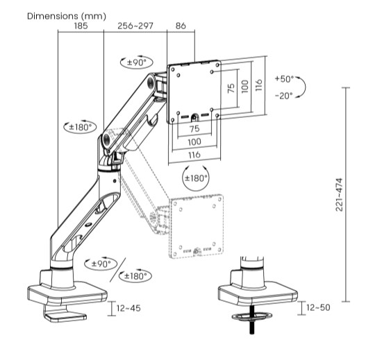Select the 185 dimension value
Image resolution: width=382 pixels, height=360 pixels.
(x=81, y=26)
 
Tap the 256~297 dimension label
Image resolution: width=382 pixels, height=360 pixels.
(x=136, y=26)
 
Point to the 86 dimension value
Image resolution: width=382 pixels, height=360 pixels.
(x=181, y=26)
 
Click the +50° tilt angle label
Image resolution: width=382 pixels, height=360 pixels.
(x=285, y=79)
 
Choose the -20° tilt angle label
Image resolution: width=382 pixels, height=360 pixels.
(x=285, y=95)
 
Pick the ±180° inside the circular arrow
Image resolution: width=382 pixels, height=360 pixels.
(x=195, y=178)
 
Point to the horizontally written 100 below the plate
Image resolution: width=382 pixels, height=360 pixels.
(x=194, y=141)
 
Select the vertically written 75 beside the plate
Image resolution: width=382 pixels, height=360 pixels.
(x=230, y=89)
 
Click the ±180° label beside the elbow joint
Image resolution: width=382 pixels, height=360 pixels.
(x=79, y=127)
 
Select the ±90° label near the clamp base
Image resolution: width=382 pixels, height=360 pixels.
(x=103, y=264)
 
